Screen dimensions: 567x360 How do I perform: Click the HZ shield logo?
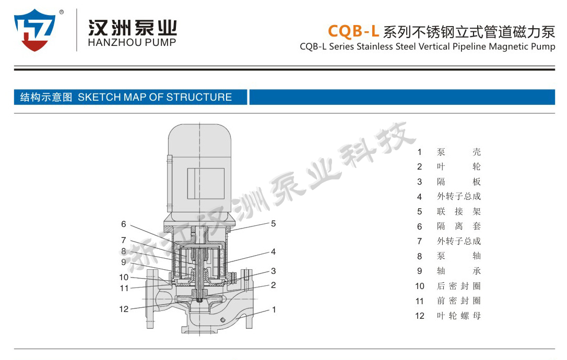point(35,30)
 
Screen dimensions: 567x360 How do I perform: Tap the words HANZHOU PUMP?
point(132,42)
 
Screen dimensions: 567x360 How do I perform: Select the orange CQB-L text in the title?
point(353,31)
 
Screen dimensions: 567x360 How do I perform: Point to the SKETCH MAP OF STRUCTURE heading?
point(155,97)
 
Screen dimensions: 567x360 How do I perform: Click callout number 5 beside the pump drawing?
point(274,224)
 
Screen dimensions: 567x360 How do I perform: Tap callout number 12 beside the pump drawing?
point(124,309)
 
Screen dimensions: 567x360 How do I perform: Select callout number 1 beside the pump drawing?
point(274,310)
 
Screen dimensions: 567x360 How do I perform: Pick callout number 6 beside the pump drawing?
point(124,224)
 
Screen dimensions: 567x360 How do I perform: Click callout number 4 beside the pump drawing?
point(274,251)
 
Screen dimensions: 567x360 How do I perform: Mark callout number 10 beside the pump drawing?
point(124,277)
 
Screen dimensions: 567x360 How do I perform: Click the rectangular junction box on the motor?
point(205,184)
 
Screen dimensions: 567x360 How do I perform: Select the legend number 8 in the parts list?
point(419,256)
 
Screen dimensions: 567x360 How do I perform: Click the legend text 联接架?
point(459,211)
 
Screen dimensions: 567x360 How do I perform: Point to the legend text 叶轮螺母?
point(459,316)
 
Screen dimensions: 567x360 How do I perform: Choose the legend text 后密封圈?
point(459,286)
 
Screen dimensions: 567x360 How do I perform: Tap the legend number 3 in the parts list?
point(419,182)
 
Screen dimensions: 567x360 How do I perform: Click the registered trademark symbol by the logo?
point(62,12)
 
